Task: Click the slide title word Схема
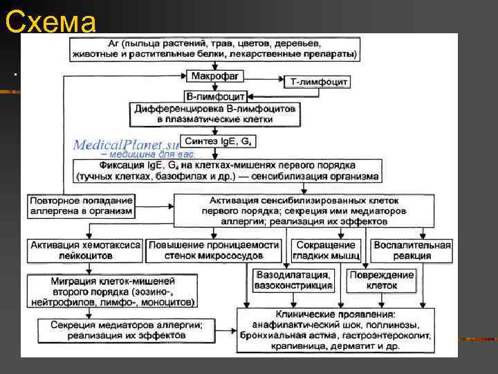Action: [x=50, y=22]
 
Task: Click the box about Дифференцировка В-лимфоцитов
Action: [x=214, y=114]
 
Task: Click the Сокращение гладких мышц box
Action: [x=325, y=250]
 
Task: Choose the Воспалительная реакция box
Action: [x=412, y=250]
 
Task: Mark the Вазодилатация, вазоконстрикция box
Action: [x=298, y=280]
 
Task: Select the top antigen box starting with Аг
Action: [x=214, y=47]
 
